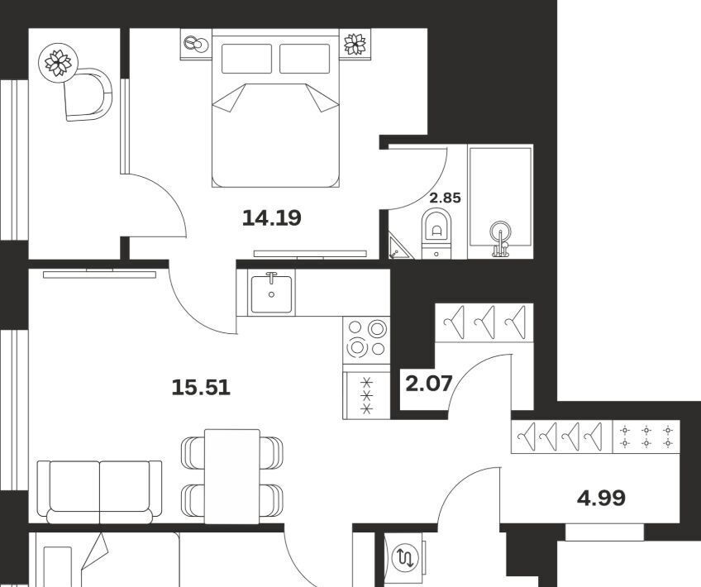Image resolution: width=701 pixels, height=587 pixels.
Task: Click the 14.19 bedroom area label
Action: coord(272,218)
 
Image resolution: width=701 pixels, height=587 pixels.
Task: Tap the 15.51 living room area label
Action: coord(201,387)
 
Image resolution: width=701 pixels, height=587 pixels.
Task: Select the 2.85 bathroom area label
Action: coord(445,198)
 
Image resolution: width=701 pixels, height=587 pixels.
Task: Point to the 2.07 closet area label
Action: coord(429,384)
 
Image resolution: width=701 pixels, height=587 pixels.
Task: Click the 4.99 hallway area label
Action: coord(601,498)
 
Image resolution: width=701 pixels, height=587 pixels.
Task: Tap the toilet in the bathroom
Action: coord(436,232)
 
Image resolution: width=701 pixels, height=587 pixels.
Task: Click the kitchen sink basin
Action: coord(271,294)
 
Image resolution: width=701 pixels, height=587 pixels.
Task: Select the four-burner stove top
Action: coord(366,340)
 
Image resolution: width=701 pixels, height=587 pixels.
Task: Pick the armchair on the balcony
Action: coord(88,94)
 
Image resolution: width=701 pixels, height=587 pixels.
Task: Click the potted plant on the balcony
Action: coord(58,63)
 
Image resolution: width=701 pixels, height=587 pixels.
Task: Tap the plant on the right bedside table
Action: coord(355,44)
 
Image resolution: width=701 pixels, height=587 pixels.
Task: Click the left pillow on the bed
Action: coord(247,58)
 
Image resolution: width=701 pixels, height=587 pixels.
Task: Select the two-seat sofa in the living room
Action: coord(99,491)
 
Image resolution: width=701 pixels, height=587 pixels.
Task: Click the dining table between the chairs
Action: coord(232,475)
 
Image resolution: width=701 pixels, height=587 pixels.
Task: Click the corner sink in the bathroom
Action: coord(398,247)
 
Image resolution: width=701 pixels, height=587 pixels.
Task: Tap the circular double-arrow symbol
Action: coord(404,557)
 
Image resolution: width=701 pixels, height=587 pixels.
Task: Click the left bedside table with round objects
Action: coord(196,44)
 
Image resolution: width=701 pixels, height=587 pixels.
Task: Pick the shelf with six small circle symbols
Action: coord(646,437)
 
